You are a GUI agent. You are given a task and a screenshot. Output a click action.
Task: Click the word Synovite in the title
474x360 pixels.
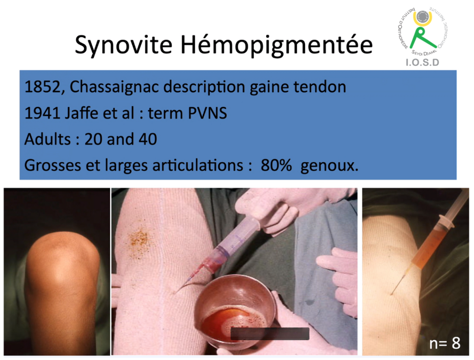124,45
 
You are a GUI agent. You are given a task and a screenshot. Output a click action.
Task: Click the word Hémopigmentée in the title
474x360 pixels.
277,45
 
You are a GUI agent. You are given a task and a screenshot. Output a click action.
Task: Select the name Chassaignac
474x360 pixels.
114,87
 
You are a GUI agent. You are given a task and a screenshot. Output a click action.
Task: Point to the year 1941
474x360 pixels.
42,114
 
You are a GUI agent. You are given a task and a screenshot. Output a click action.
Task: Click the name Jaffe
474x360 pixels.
82,113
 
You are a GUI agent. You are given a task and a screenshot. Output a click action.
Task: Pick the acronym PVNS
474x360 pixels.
207,114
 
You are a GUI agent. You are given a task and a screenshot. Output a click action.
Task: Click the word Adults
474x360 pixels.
47,139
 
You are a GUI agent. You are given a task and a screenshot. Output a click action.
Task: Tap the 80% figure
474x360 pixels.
276,165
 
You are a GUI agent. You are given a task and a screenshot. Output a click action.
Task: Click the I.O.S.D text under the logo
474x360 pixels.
422,62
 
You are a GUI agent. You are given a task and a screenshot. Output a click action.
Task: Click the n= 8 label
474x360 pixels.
445,343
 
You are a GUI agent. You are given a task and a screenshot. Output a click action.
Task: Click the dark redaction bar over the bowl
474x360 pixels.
269,334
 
